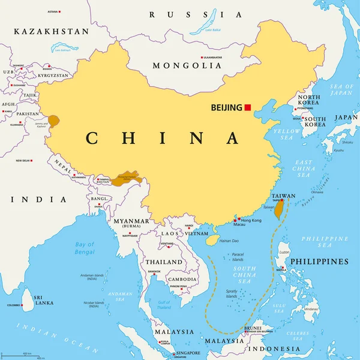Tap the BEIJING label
(226, 108)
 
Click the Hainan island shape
(210, 239)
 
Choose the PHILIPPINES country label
(319, 262)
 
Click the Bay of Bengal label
(85, 247)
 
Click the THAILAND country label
(163, 262)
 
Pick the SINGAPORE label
(188, 353)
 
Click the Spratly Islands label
(231, 293)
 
